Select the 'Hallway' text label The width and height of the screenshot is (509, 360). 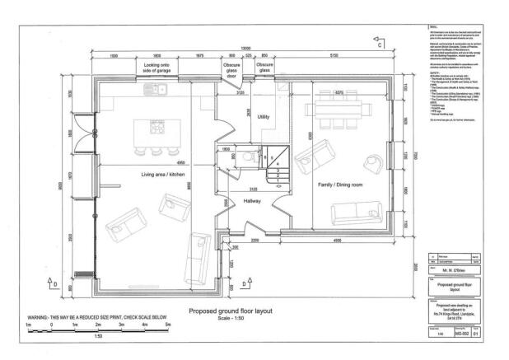253,200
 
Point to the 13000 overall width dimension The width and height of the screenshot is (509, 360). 245,48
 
